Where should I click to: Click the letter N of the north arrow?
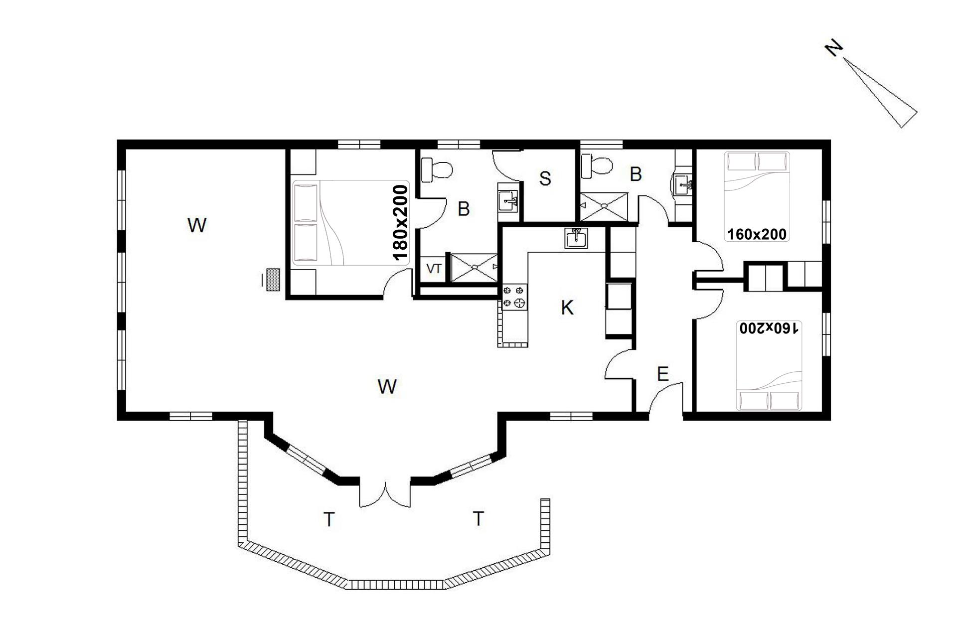pos(834,49)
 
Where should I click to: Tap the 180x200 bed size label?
pos(400,223)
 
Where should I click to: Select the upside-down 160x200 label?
pos(769,328)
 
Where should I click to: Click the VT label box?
pos(434,269)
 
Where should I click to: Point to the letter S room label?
pos(545,178)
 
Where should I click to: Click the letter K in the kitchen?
pos(567,308)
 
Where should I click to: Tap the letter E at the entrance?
pos(662,374)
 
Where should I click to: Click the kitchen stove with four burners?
pos(514,297)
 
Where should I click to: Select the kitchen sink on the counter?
pos(576,238)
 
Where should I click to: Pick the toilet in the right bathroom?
pos(597,166)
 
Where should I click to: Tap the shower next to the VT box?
pos(474,268)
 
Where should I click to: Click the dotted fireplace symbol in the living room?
pos(273,280)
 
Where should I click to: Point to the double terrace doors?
pos(385,493)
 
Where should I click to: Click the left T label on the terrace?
pos(329,519)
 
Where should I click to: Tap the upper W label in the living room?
pos(197,225)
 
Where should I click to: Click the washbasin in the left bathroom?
pos(508,201)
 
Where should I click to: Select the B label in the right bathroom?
pos(636,174)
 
